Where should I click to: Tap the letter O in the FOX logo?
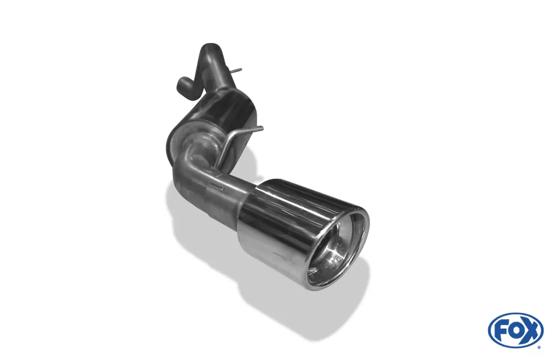point(515,330)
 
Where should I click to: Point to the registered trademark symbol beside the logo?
point(538,346)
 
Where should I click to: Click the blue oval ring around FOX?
point(516,316)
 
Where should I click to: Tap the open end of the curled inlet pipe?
point(181,85)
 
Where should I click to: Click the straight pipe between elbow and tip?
point(229,187)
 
